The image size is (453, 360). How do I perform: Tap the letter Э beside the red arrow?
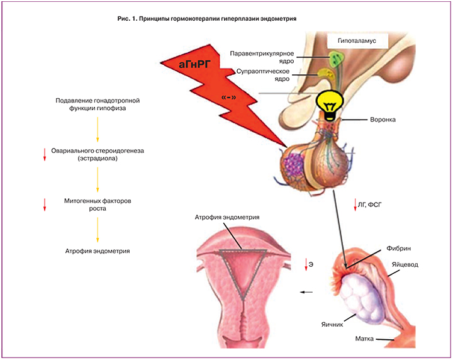click(x=311, y=265)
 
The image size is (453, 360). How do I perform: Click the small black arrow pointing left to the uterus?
click(x=307, y=292)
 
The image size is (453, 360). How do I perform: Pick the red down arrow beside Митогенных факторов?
click(x=45, y=204)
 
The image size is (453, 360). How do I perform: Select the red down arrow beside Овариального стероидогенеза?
click(x=45, y=154)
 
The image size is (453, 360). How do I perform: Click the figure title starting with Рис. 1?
click(x=207, y=20)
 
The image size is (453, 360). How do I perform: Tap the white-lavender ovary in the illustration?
click(x=357, y=293)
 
